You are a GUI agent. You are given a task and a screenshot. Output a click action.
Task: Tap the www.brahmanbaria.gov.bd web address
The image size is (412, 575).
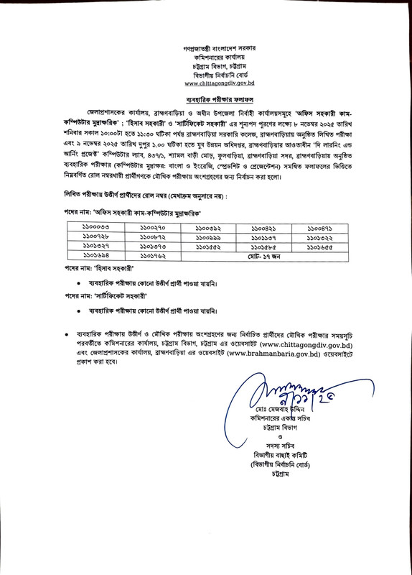265,354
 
